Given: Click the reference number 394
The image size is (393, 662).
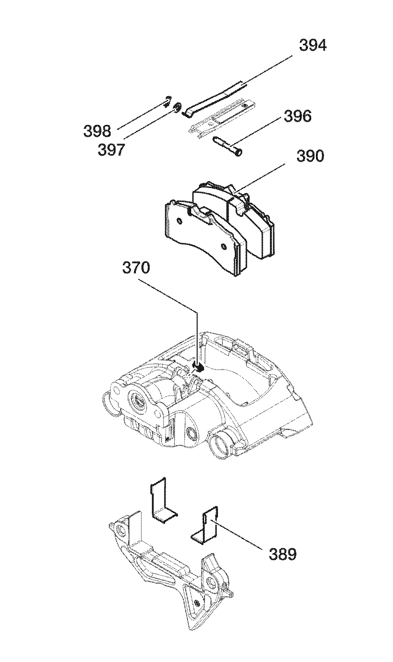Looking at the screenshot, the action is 313,46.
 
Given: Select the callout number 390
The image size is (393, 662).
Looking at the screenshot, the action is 310,156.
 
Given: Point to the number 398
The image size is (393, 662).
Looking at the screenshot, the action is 97,131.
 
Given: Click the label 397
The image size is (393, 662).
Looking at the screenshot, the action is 111,150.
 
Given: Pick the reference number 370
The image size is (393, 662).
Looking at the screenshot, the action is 136,268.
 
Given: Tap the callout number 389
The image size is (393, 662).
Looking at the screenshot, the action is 283,554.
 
